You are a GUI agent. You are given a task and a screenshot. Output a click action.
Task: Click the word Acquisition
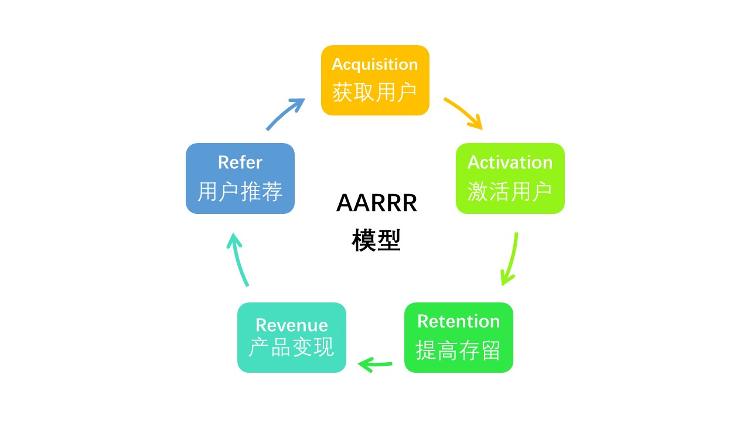click(375, 64)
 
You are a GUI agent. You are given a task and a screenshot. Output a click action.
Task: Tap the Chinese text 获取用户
click(375, 93)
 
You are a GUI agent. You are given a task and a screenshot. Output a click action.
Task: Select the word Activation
click(510, 162)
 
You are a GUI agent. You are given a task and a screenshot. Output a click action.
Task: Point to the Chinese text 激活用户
click(510, 191)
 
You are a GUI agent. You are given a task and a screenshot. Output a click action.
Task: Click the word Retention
click(458, 321)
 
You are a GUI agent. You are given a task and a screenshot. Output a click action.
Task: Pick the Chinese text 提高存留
click(458, 350)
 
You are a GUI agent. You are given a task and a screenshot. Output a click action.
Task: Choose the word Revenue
click(292, 325)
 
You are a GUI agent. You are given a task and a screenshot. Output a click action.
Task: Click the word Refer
click(240, 162)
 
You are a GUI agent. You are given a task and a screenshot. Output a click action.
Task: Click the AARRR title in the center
click(376, 203)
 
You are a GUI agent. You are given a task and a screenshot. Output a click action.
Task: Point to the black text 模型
click(376, 240)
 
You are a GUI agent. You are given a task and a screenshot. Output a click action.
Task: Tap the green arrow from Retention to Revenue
click(376, 365)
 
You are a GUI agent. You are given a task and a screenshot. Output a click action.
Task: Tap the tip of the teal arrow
click(233, 234)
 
